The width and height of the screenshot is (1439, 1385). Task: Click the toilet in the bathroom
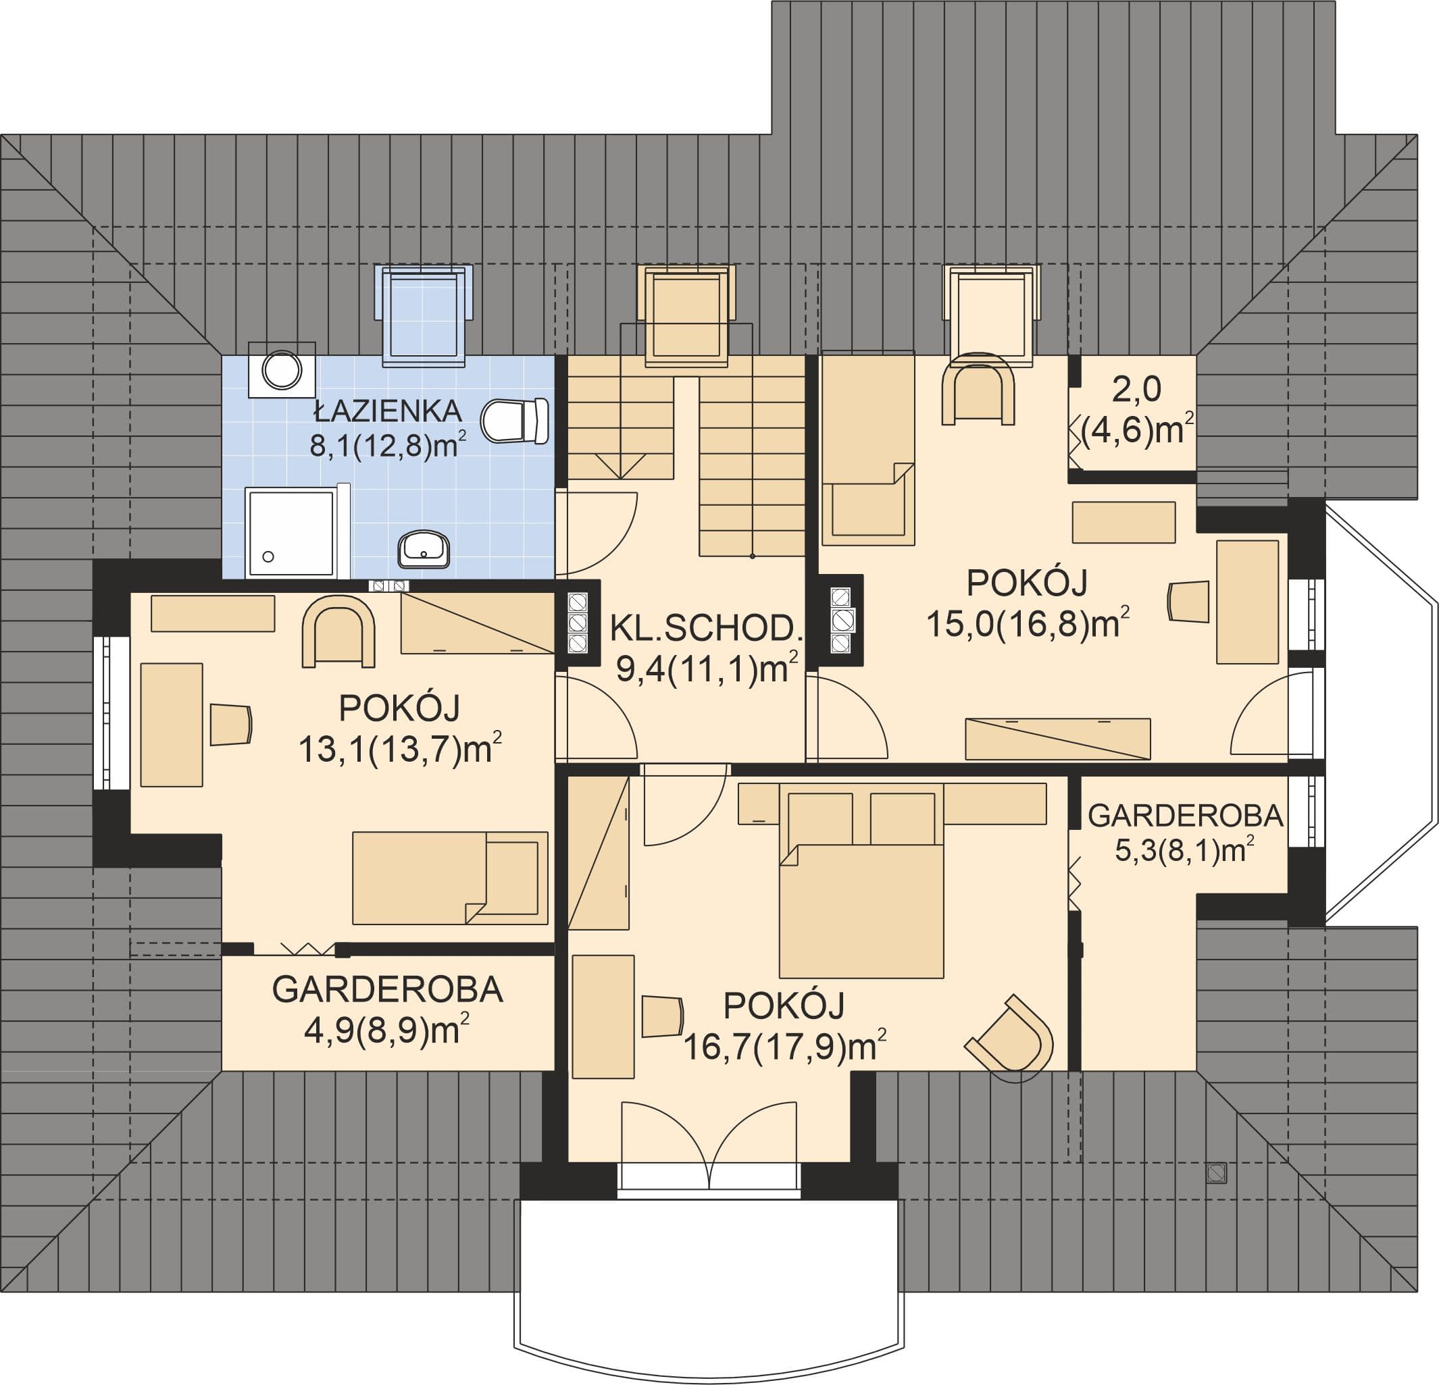pyautogui.click(x=515, y=421)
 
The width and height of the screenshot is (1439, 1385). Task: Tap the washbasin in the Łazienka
pyautogui.click(x=424, y=549)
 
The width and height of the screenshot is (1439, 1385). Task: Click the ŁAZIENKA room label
pyautogui.click(x=388, y=411)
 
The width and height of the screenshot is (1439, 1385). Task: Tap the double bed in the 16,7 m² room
pyautogui.click(x=861, y=881)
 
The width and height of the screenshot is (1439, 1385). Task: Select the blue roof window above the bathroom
pyautogui.click(x=424, y=315)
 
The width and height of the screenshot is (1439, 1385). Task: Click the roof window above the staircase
pyautogui.click(x=686, y=315)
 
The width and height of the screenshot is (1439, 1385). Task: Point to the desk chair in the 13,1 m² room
pyautogui.click(x=231, y=725)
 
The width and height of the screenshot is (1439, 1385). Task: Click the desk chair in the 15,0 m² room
pyautogui.click(x=1188, y=602)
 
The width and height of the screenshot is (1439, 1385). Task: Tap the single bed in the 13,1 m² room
pyautogui.click(x=450, y=878)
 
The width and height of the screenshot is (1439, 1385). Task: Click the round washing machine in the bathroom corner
pyautogui.click(x=282, y=370)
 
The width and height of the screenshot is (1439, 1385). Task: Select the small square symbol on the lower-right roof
pyautogui.click(x=1217, y=1173)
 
